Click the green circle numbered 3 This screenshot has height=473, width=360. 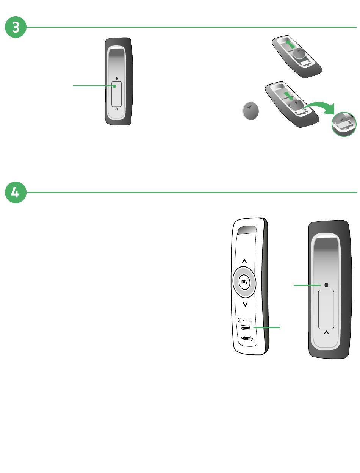(16, 27)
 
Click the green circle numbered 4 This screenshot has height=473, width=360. (16, 192)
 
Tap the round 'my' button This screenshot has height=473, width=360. (244, 282)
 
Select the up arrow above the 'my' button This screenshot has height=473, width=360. (244, 261)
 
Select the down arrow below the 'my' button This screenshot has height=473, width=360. (245, 304)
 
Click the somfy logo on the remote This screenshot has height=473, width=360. (247, 338)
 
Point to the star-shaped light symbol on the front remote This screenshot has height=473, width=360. (239, 320)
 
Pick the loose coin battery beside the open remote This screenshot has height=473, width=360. (250, 111)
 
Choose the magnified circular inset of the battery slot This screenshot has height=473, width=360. (344, 124)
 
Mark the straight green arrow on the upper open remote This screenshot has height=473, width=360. (290, 44)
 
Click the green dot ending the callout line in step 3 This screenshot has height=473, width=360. (115, 86)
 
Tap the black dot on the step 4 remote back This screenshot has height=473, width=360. (326, 285)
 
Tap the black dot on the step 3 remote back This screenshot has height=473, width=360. (117, 79)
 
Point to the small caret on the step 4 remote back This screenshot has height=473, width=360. (326, 332)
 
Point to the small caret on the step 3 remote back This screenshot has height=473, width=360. (117, 109)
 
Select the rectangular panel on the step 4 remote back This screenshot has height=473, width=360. (326, 309)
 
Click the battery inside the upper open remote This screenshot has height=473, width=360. (300, 54)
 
